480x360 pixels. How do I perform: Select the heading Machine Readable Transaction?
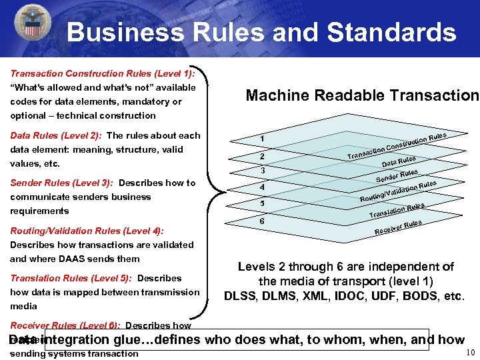coord(362,95)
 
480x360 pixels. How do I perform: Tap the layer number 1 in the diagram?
coord(263,138)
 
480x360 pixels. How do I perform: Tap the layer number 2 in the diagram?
coord(263,157)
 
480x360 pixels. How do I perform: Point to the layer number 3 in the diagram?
coord(263,171)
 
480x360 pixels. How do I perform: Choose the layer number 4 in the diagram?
coord(263,187)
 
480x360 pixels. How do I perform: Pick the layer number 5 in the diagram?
coord(263,203)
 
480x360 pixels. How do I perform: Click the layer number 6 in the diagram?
coord(263,220)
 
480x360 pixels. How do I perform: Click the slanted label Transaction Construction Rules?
coord(397,147)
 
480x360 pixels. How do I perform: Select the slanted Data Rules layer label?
coord(399,161)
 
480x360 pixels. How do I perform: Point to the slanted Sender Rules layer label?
coord(397,175)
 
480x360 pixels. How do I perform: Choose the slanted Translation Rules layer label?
coord(397,210)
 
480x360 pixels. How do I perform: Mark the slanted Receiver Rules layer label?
coord(398,227)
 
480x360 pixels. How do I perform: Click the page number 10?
coord(471,353)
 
